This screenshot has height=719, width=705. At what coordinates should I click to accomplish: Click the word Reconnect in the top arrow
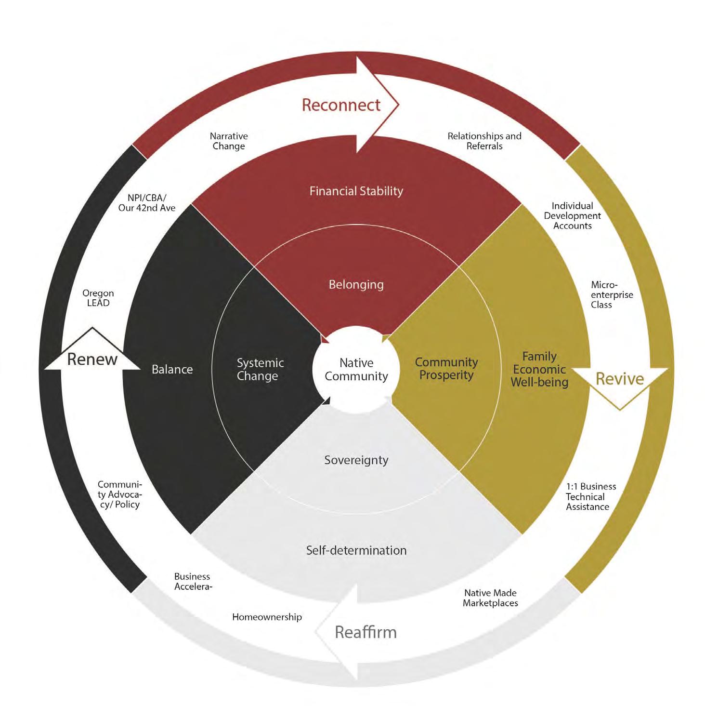(341, 105)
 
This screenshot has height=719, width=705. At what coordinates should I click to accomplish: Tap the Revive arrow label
(619, 379)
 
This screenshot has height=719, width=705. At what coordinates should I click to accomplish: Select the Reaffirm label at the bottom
(366, 632)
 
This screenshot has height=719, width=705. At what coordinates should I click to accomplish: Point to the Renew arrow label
(92, 359)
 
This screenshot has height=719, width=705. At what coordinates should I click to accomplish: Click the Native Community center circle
(356, 369)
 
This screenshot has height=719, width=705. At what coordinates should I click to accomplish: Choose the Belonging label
(356, 284)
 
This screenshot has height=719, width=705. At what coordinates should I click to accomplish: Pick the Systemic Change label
(260, 369)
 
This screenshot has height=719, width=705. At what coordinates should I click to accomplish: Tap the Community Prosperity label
(446, 368)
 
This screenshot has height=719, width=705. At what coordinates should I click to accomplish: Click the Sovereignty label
(356, 460)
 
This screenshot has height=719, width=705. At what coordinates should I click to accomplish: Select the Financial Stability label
(356, 191)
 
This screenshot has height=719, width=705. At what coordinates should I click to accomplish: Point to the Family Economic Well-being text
(539, 369)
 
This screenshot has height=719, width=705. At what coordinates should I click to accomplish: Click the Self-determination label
(356, 550)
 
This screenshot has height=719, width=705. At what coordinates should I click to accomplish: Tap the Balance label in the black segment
(172, 369)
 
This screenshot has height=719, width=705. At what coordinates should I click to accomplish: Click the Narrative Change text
(229, 141)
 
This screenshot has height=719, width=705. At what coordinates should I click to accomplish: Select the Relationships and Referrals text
(484, 141)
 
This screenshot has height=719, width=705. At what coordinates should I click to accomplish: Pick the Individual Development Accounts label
(572, 215)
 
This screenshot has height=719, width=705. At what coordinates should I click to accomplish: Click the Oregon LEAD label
(98, 298)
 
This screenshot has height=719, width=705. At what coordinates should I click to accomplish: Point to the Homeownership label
(267, 617)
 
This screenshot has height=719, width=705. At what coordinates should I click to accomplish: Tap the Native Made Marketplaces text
(490, 598)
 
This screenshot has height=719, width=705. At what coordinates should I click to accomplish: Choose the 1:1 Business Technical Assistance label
(590, 496)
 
